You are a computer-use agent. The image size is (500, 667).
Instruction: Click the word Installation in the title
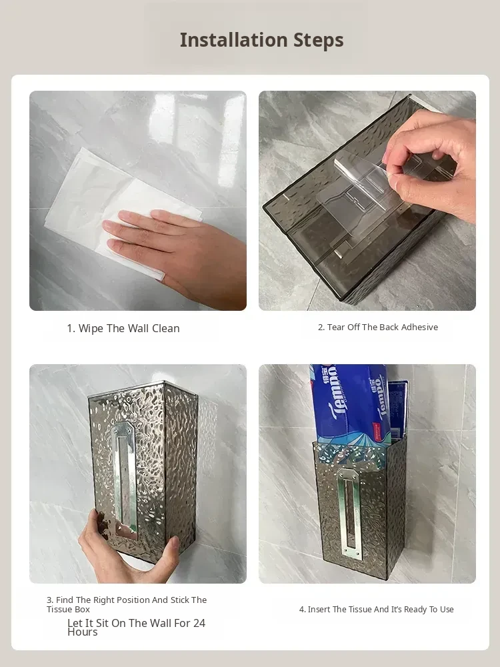234,40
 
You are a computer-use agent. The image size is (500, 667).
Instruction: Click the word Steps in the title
319,41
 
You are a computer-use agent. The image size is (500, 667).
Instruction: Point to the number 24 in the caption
199,623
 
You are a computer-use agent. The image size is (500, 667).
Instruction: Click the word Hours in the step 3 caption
83,632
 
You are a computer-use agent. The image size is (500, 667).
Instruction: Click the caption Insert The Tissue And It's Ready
376,610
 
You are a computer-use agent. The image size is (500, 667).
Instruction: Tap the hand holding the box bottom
127,549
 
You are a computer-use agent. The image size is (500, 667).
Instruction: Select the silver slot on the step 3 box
124,476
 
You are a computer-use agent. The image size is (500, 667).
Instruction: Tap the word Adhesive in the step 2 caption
419,327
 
